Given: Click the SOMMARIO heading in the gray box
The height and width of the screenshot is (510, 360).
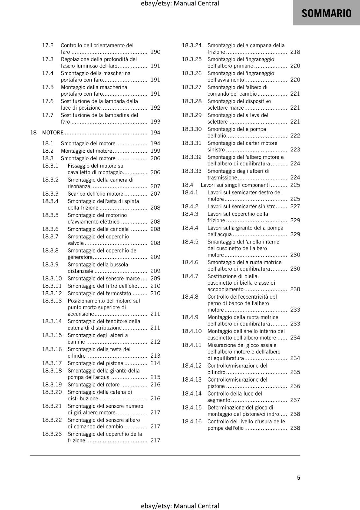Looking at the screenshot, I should (326, 13).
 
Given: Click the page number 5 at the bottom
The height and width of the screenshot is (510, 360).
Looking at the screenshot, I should (299, 477).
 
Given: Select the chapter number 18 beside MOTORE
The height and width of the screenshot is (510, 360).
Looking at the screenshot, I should (33, 133).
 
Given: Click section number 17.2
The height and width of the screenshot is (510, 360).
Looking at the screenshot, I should (48, 46).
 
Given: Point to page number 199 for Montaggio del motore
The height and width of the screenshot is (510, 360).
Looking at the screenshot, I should (155, 151).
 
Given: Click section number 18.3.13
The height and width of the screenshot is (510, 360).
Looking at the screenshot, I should (52, 301).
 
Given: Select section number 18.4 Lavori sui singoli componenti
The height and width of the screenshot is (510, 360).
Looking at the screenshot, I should (188, 185).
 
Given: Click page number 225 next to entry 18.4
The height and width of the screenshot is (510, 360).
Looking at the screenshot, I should (295, 185).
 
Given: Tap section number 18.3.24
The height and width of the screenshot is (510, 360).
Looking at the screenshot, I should (192, 46).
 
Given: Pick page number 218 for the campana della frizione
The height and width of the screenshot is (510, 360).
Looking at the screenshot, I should (295, 52).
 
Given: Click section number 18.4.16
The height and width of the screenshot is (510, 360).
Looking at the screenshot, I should (192, 421).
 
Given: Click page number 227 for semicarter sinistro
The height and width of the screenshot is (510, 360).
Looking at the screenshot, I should (295, 206).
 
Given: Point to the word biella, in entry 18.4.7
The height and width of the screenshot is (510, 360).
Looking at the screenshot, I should (251, 276).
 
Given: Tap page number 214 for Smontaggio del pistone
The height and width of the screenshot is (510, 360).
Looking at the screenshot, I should (155, 363).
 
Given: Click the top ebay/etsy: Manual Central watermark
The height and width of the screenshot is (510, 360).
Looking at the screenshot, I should (180, 4).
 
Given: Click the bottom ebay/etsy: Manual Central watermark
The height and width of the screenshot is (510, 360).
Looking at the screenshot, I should (180, 506).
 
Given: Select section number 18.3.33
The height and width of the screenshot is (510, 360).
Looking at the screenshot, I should (192, 171).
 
